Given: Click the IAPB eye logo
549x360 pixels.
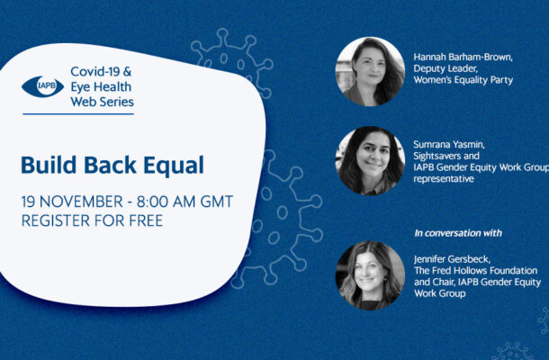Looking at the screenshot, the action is [x=42, y=86].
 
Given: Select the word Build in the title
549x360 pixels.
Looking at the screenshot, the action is [x=49, y=165].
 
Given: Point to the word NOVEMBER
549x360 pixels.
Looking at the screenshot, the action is [x=81, y=202].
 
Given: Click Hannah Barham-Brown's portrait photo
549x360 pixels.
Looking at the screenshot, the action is [x=370, y=71].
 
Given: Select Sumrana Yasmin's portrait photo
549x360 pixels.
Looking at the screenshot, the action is [x=370, y=161].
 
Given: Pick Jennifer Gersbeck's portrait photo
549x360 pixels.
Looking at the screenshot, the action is [x=370, y=275].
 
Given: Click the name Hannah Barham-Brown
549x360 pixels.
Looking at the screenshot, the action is [x=463, y=57].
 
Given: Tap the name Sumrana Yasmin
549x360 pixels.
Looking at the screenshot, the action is [x=449, y=144].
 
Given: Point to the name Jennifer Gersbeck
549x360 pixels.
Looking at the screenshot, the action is [x=452, y=259].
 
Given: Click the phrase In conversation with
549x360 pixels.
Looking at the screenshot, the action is [x=458, y=233].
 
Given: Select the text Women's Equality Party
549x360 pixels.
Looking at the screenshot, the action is [x=463, y=80].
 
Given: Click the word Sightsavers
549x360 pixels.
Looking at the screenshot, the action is [x=438, y=156].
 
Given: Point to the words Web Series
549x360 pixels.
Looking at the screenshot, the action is [x=103, y=102].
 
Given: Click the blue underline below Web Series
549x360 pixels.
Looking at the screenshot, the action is [x=78, y=113].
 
